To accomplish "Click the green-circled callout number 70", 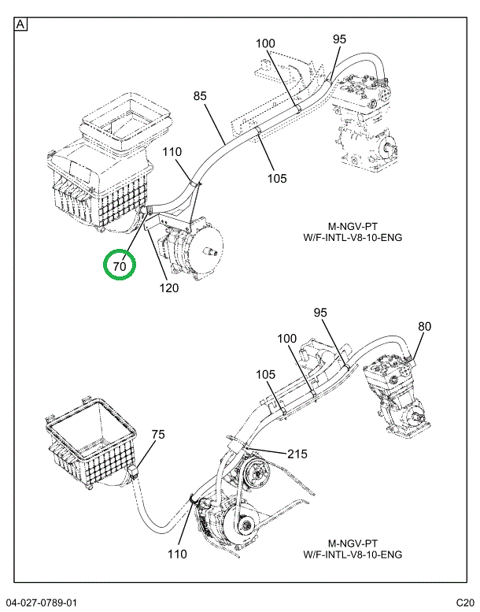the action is [x=120, y=265].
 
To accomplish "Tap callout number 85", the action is [x=200, y=95].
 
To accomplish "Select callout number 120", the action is [x=169, y=288].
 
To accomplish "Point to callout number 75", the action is [x=158, y=435].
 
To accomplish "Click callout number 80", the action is [x=425, y=326].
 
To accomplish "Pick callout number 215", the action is [x=297, y=454].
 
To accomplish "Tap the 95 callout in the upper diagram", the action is [x=340, y=39].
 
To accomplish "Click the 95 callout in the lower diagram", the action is [x=320, y=313].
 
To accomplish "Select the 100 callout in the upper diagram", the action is [x=265, y=43].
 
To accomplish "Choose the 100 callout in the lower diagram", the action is [x=286, y=339].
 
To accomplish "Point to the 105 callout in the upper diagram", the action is [x=277, y=178].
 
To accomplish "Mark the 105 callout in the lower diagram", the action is [x=265, y=375].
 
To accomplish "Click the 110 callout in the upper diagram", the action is [x=172, y=151].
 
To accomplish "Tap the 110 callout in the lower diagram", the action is [x=177, y=554].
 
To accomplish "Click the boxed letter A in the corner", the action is [x=20, y=24].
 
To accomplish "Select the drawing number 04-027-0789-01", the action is [x=42, y=603].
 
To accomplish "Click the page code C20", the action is [x=465, y=603].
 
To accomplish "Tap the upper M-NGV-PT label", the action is [x=353, y=226].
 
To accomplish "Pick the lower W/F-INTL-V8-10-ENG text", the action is [x=353, y=555].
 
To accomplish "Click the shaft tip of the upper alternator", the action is [x=216, y=253].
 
